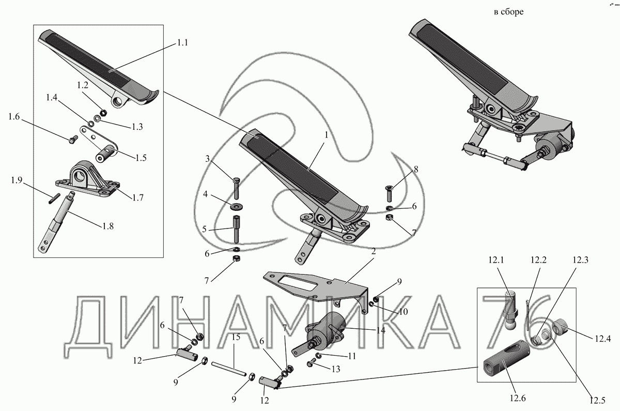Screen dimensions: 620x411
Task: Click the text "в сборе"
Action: pyautogui.click(x=509, y=12)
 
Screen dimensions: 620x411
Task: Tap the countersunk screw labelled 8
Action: pyautogui.click(x=389, y=195)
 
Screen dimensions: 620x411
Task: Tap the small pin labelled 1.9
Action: pyautogui.click(x=53, y=195)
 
